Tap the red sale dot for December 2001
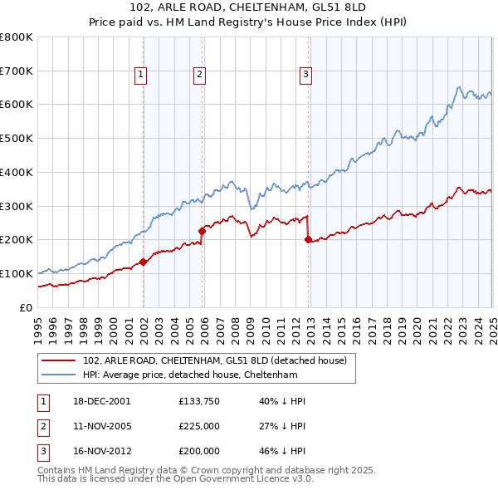(x=143, y=262)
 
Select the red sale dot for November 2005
(x=202, y=231)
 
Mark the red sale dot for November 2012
(x=308, y=239)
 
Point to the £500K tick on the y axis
(x=17, y=139)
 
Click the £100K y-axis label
(x=17, y=273)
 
